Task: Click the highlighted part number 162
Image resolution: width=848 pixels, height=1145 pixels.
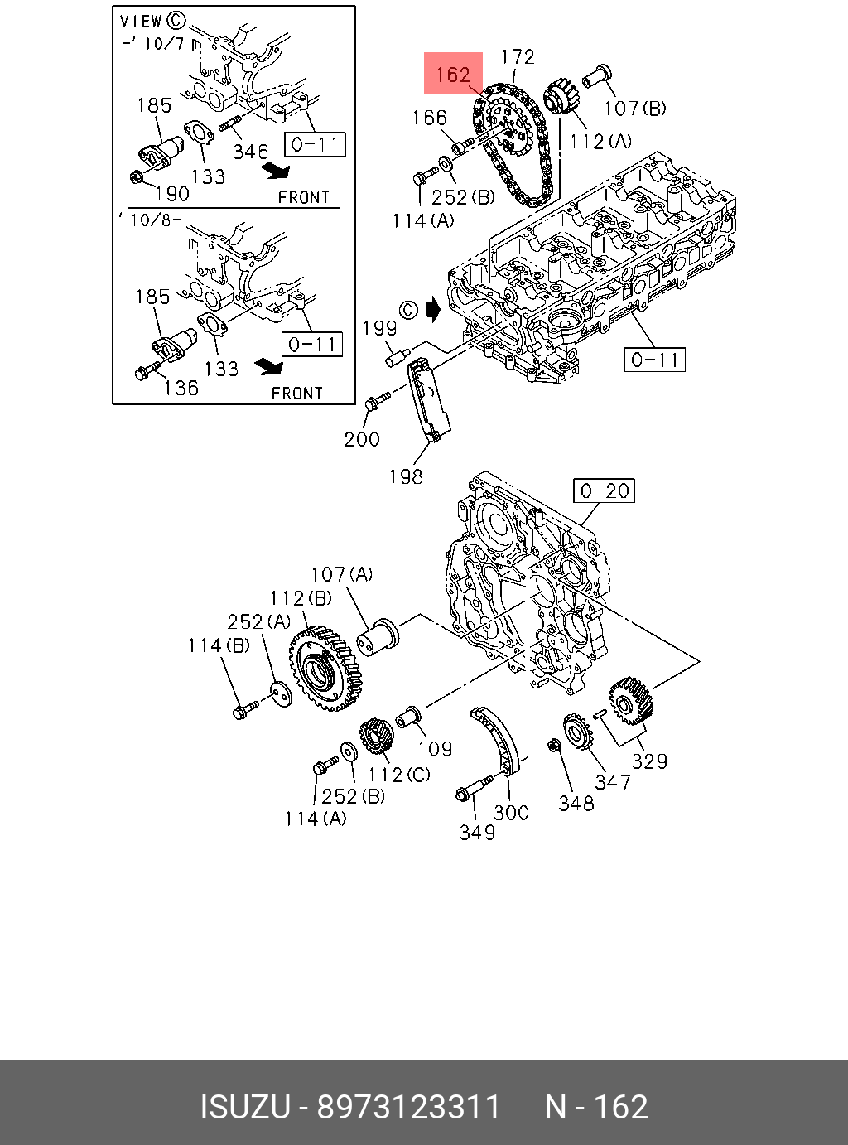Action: pyautogui.click(x=453, y=75)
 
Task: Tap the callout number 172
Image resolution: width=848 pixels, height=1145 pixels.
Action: pyautogui.click(x=518, y=57)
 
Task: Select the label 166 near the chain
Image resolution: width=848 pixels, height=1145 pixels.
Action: pyautogui.click(x=429, y=118)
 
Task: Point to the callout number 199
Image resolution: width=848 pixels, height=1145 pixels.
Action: pyautogui.click(x=380, y=328)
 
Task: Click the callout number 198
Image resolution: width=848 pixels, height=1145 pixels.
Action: pyautogui.click(x=406, y=476)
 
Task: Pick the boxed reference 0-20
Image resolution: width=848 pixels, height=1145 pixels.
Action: pyautogui.click(x=605, y=490)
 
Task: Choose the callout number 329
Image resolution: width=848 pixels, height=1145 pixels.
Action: pyautogui.click(x=649, y=761)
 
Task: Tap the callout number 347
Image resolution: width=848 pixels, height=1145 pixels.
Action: pyautogui.click(x=612, y=782)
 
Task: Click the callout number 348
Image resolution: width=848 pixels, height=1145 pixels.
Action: pyautogui.click(x=576, y=803)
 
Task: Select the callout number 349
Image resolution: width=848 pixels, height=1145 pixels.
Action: pyautogui.click(x=477, y=832)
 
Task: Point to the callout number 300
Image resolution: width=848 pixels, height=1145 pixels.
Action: pyautogui.click(x=511, y=813)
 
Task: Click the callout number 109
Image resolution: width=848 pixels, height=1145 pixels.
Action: pyautogui.click(x=434, y=750)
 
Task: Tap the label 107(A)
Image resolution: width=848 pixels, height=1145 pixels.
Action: pyautogui.click(x=341, y=574)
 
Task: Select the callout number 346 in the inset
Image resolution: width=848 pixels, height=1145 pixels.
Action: pyautogui.click(x=250, y=152)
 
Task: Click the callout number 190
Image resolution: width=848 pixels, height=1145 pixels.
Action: pyautogui.click(x=172, y=194)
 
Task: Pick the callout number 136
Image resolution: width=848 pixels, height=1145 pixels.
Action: pyautogui.click(x=181, y=388)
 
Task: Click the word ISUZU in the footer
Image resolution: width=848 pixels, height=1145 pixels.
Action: pyautogui.click(x=244, y=1107)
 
